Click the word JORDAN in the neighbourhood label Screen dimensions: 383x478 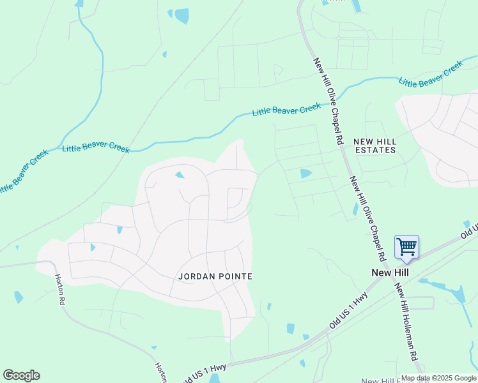click(x=196, y=276)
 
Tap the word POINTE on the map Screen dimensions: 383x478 click(x=236, y=276)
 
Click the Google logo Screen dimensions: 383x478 click(x=21, y=375)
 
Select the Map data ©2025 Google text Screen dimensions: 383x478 click(x=438, y=378)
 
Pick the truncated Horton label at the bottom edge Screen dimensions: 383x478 click(x=161, y=373)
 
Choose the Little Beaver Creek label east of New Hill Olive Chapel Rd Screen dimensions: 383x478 click(x=430, y=74)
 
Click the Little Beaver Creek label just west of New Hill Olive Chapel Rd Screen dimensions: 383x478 click(x=286, y=110)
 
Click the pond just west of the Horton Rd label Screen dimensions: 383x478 click(x=19, y=297)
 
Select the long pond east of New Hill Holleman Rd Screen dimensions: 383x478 click(x=457, y=293)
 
